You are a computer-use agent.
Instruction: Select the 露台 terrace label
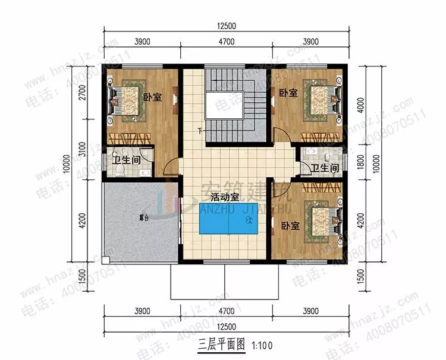[142, 219]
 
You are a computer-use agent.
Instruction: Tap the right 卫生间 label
[324, 169]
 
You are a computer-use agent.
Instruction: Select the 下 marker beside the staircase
[200, 130]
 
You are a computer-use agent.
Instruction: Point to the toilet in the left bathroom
[121, 170]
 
